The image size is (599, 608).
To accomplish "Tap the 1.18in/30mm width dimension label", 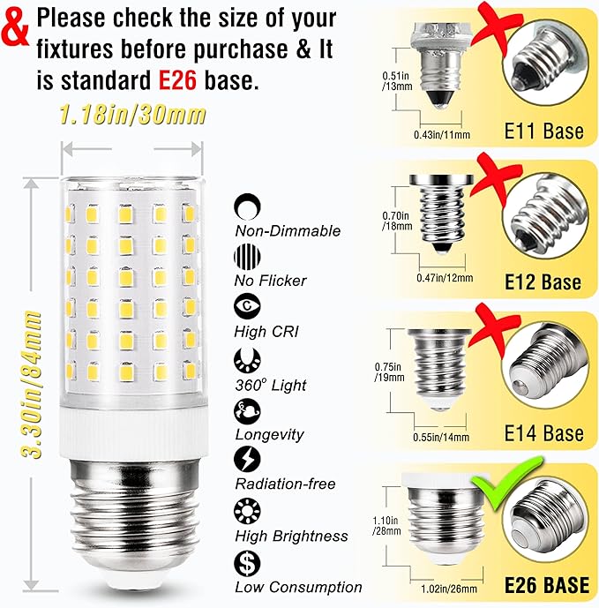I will point(132,115).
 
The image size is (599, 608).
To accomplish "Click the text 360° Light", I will point(271,386).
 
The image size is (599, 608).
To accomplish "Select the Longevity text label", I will point(269,434).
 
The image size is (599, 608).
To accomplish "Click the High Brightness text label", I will point(291,536).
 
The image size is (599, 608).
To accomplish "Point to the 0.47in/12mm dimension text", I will point(444,277).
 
